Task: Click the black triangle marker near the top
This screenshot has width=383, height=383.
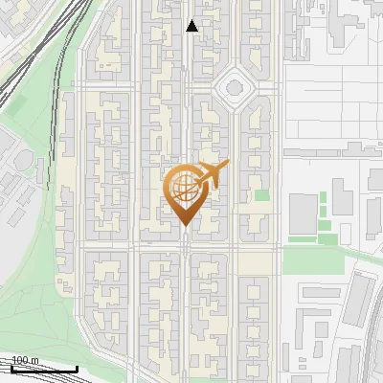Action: pos(192,26)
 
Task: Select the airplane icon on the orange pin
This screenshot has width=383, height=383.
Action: pos(210,175)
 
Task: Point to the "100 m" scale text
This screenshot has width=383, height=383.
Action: pos(25,361)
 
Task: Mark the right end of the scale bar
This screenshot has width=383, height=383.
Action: pos(77,370)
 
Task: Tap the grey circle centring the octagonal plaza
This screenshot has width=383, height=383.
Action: pos(233,90)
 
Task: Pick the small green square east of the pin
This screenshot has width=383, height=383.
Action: pos(261,195)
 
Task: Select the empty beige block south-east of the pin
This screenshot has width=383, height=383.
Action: pos(254,260)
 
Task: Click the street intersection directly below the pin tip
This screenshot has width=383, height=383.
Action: pos(184,247)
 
